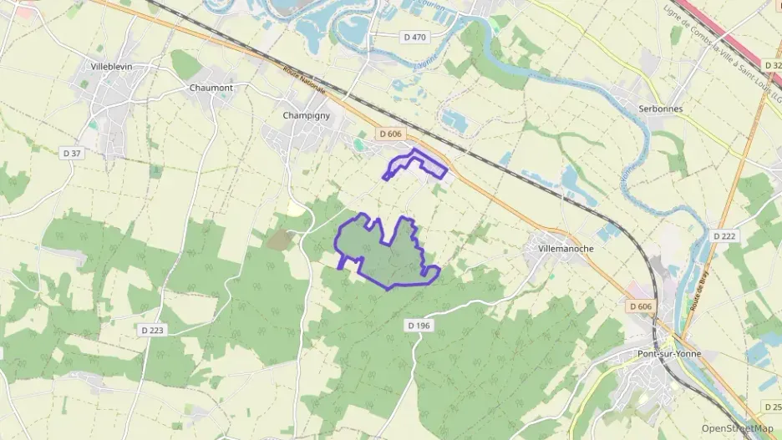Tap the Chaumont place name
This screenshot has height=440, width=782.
point(211,87)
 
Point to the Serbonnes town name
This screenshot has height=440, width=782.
point(660,109)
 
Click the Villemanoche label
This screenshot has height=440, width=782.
point(566,249)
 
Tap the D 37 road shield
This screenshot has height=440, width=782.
point(72,153)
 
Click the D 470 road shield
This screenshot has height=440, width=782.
point(414,37)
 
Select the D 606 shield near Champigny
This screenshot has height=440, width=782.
point(390,134)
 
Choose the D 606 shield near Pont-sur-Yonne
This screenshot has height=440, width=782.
point(640,306)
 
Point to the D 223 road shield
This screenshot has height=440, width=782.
point(152,330)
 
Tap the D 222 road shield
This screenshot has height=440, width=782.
point(724,236)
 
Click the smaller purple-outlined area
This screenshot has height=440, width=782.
point(415,164)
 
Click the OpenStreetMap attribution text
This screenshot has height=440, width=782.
point(737,428)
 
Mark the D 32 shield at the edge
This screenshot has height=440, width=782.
point(773,64)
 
